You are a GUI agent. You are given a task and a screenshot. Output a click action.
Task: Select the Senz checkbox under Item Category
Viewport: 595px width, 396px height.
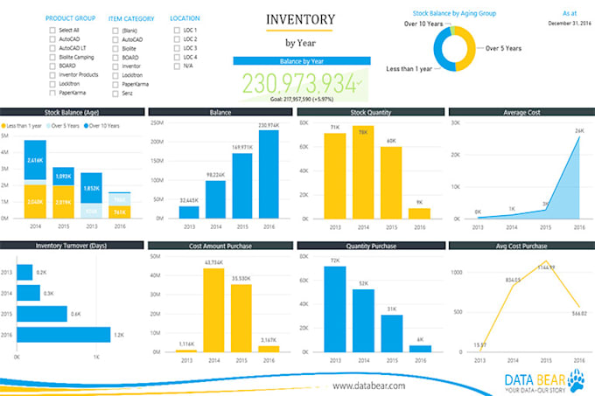coord(115,93)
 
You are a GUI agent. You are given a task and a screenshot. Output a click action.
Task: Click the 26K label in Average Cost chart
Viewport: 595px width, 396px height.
coord(578,132)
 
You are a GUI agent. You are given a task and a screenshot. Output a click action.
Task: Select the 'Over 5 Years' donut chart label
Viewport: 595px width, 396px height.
coord(504,49)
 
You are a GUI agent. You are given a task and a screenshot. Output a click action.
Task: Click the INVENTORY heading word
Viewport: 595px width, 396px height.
coord(299,18)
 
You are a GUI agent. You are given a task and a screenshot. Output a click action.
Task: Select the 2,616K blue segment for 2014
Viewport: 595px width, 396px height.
coord(35,162)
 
